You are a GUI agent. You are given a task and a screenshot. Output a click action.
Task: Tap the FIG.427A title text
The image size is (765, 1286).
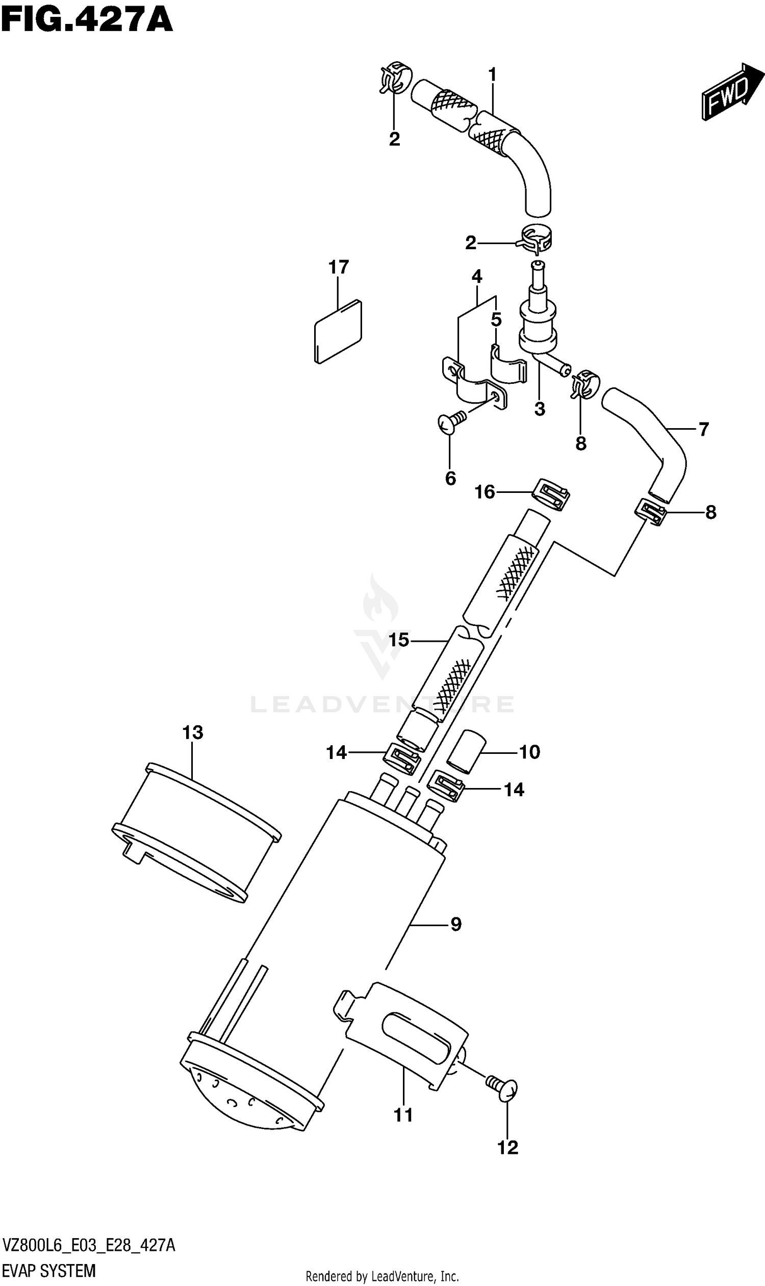(x=87, y=21)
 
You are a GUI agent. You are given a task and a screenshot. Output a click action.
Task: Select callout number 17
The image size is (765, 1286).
(x=339, y=267)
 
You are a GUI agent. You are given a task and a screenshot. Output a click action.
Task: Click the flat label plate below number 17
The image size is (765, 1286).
(x=338, y=331)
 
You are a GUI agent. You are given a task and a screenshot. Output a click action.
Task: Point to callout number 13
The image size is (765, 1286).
(x=193, y=732)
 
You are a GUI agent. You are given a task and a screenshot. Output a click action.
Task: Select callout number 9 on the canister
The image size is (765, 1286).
(x=456, y=924)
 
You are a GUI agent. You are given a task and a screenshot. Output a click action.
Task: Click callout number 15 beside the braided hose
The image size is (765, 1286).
(x=398, y=640)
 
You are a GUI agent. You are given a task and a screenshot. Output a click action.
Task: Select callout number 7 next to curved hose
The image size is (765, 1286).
(x=704, y=429)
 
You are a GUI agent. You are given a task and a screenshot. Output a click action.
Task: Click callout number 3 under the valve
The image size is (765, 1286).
(x=540, y=410)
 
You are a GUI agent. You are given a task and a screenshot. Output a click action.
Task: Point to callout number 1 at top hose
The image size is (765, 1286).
(x=492, y=75)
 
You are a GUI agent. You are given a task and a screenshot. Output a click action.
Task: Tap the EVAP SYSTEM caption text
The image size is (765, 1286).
(x=49, y=1271)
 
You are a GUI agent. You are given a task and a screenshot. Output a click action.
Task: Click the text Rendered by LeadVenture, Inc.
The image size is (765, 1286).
(x=382, y=1277)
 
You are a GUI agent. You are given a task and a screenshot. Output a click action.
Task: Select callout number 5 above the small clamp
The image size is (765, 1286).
(x=496, y=320)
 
